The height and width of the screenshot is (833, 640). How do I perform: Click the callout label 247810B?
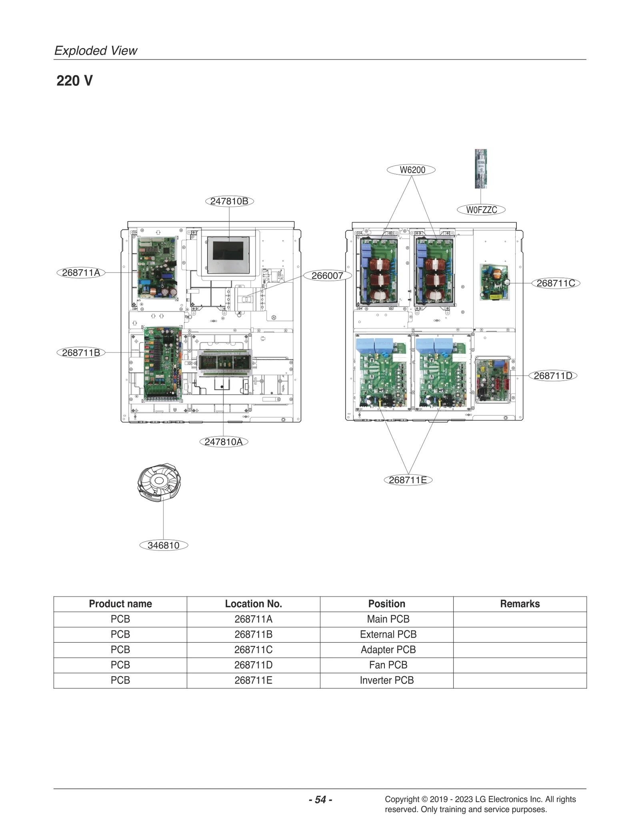point(229,201)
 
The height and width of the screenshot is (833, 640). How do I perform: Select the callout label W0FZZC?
point(481,210)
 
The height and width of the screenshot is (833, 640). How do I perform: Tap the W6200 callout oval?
point(411,170)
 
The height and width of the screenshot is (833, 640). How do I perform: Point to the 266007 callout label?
point(327,275)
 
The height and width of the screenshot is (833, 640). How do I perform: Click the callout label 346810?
point(163,545)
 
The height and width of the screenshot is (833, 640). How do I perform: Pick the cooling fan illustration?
point(159,482)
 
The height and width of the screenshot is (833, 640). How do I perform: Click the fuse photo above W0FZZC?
point(480,169)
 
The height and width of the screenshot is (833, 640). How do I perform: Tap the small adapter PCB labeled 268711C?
point(494,282)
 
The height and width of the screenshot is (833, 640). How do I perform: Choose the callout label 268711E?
point(408,480)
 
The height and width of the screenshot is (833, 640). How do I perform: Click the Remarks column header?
point(519,604)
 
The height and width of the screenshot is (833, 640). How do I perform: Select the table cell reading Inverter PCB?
point(386,680)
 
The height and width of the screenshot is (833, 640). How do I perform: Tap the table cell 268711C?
point(253,650)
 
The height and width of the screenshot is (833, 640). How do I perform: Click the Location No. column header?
point(253,604)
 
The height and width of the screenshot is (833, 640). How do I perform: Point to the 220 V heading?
point(74,81)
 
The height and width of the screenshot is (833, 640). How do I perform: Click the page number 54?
point(320,799)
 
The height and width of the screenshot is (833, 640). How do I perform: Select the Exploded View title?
point(96,51)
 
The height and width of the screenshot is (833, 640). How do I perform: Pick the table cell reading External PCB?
point(388,634)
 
